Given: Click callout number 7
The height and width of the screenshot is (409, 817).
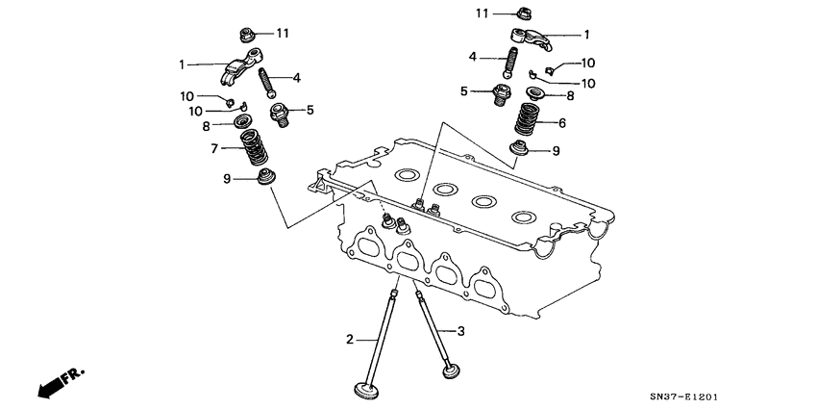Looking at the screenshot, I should [x=216, y=149].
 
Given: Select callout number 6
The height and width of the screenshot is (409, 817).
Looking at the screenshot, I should [x=562, y=122].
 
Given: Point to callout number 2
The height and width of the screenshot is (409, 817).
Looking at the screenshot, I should [x=351, y=338].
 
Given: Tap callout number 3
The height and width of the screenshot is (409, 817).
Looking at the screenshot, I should [x=460, y=331].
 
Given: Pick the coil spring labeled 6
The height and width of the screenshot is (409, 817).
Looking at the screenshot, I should [x=526, y=119].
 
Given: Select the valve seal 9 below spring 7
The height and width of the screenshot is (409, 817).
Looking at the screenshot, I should [x=264, y=179].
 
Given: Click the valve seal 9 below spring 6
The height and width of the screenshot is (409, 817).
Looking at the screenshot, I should [x=520, y=150].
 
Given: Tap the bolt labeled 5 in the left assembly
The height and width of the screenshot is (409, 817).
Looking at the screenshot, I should [x=281, y=113].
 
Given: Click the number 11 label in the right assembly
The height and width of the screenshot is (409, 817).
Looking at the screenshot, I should [x=483, y=12].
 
